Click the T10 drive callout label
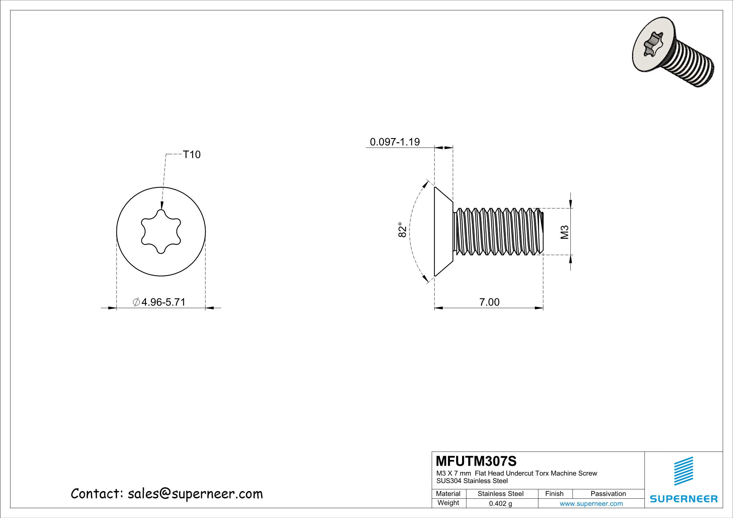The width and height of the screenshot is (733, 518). click(x=192, y=154)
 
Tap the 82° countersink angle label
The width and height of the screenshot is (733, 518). click(x=403, y=230)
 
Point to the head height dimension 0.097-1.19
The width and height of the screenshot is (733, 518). click(x=394, y=142)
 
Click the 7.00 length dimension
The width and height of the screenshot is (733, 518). click(x=489, y=302)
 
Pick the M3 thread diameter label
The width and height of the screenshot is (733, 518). click(x=565, y=232)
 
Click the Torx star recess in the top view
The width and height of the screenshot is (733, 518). click(x=161, y=231)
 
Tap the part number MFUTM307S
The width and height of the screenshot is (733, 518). click(x=476, y=461)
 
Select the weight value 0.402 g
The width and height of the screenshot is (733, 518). click(x=500, y=504)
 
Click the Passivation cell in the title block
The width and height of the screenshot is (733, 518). click(x=608, y=494)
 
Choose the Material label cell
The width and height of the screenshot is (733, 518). click(x=448, y=494)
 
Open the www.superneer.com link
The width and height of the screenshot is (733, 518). click(x=591, y=504)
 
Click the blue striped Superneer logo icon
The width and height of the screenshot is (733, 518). click(x=684, y=471)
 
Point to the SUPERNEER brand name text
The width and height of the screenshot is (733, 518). click(x=684, y=499)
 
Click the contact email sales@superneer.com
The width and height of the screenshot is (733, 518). click(x=195, y=494)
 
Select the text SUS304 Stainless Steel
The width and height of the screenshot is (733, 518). click(x=472, y=481)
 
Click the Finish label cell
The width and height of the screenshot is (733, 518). click(x=554, y=494)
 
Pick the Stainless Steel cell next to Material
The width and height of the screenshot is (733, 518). click(x=500, y=494)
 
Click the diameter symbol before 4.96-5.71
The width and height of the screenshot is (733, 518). click(x=136, y=302)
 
